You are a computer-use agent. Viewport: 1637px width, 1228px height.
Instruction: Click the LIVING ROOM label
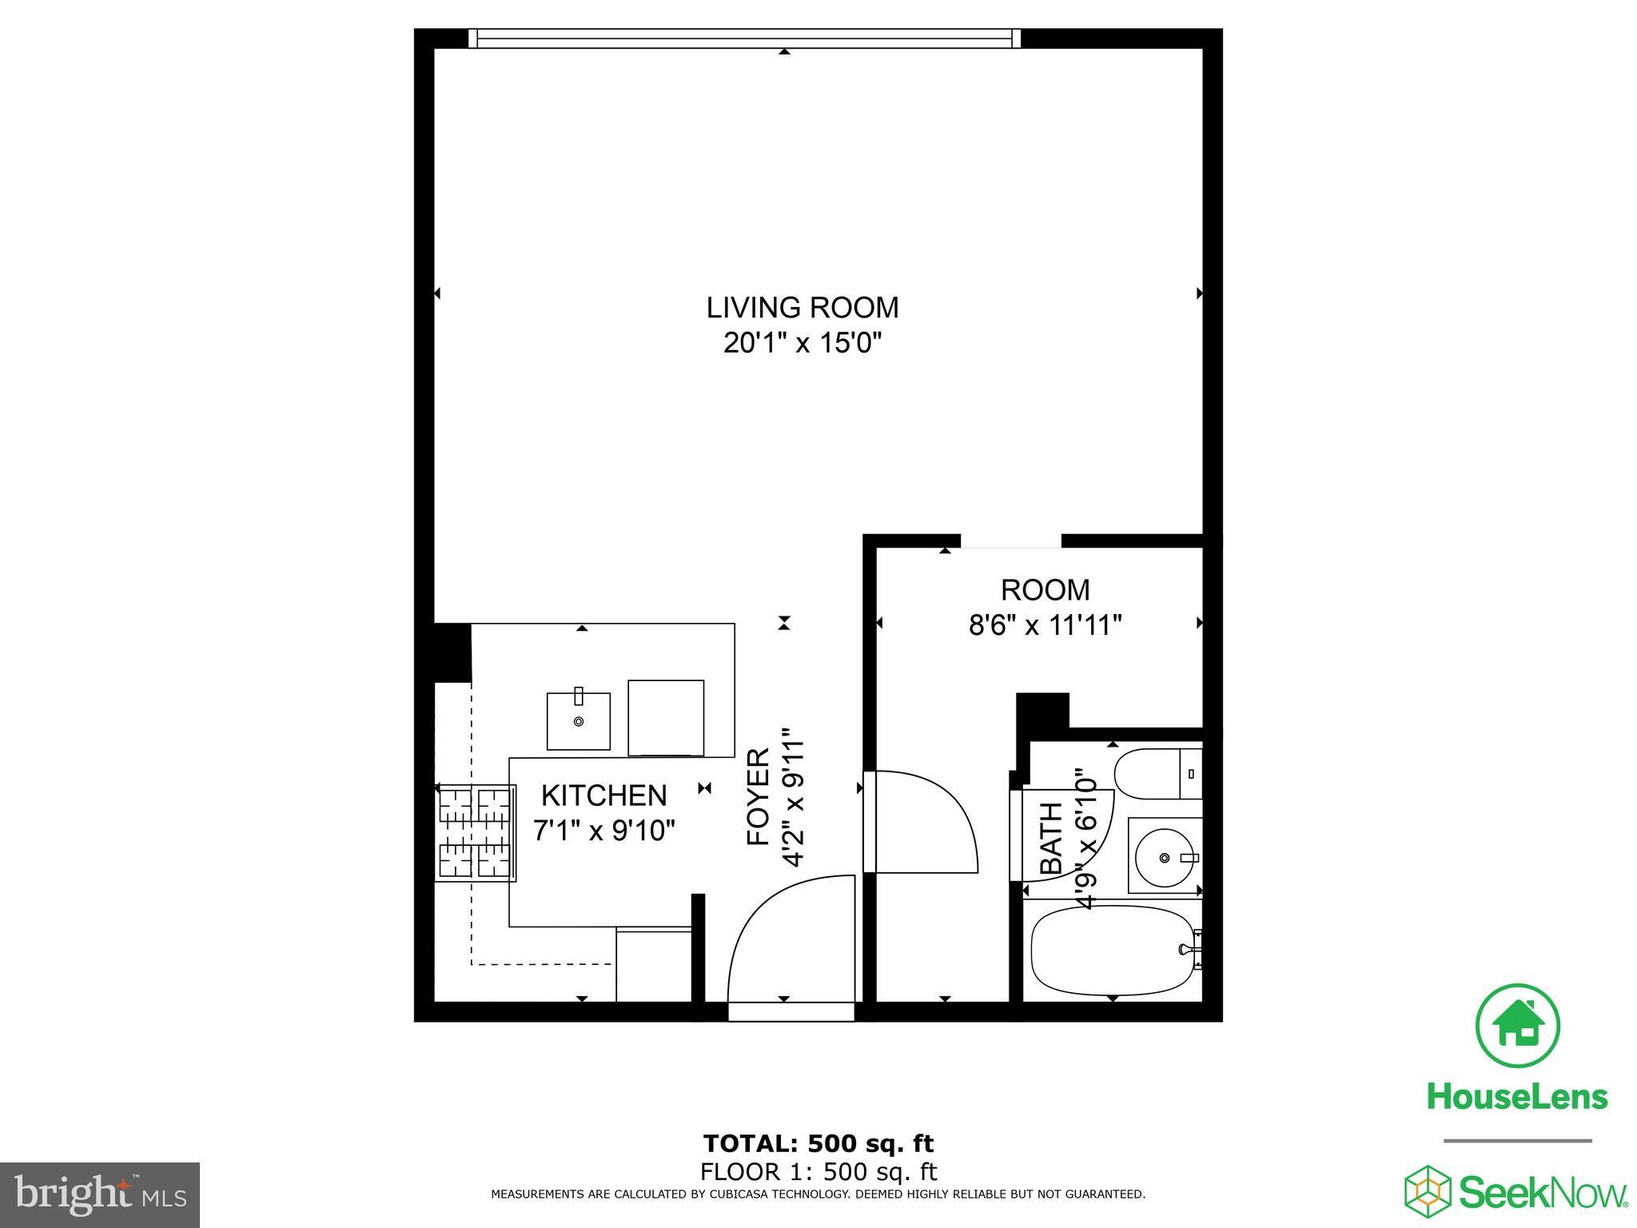point(802,308)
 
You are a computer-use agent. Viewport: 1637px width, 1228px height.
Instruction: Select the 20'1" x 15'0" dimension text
point(802,344)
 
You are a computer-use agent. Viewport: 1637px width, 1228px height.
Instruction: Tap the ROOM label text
point(1045,590)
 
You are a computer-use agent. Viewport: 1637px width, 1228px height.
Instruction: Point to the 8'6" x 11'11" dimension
point(1045,625)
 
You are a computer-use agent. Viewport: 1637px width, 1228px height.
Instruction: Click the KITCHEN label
point(603,795)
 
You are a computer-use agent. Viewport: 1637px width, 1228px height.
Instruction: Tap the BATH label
point(1051,838)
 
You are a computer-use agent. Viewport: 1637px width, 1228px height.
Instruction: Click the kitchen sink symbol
point(578,720)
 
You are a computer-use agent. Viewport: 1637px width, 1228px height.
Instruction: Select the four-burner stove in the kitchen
point(475,833)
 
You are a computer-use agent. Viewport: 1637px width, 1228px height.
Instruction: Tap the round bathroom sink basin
point(1165,857)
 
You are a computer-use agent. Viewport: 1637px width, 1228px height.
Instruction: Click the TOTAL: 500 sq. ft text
point(818,1143)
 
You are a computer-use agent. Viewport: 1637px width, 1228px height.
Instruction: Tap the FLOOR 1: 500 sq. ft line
point(818,1172)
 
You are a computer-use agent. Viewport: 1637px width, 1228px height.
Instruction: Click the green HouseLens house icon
point(1516,1026)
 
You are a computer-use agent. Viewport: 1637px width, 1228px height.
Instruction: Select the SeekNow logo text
point(1543,1192)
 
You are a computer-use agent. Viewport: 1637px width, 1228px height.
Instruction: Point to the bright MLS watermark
point(100,1194)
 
